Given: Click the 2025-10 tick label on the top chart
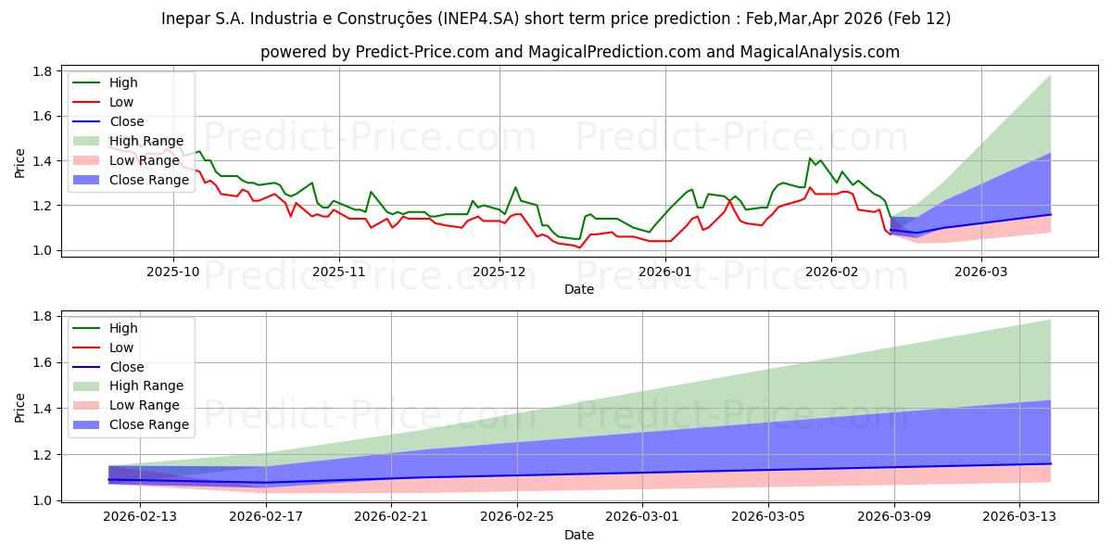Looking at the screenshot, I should (173, 271).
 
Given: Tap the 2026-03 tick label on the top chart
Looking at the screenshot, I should (981, 271).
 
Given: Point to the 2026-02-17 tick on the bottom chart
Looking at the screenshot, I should (266, 517).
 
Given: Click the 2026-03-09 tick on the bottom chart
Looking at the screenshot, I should (894, 517).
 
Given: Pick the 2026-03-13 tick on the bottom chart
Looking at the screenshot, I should (1019, 517).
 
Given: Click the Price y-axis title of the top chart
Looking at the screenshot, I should (20, 161).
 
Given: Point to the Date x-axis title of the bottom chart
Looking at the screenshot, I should (579, 535).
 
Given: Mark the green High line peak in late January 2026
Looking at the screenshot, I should (810, 158).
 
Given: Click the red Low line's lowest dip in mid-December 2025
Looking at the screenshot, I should (579, 247).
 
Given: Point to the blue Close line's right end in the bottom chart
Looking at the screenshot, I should (1050, 463).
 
